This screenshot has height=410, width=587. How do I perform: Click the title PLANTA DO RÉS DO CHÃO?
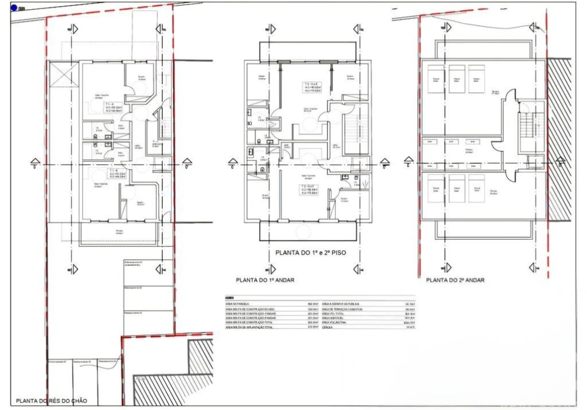52,401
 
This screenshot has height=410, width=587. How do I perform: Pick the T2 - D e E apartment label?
310,87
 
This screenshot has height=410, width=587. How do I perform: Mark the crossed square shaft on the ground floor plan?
61,73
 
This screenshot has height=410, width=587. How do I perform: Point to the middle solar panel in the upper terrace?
455,78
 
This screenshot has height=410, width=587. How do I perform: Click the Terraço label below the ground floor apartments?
119,231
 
